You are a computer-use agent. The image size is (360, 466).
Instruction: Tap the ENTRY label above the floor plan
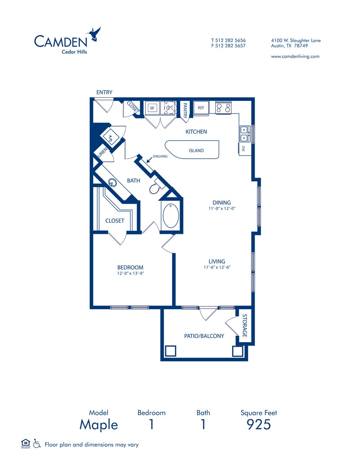104,92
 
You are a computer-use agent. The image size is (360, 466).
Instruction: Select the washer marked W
152,108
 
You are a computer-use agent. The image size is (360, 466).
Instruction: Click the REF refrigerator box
201,108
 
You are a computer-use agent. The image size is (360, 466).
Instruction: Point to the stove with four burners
223,108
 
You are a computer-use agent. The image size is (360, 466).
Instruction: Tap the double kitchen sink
245,134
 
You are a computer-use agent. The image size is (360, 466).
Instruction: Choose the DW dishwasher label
243,149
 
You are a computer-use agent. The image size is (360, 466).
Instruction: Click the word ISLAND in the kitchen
196,151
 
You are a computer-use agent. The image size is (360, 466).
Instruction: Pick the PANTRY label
185,110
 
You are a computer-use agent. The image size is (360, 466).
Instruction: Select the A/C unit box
110,137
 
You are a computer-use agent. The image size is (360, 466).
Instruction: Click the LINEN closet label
102,152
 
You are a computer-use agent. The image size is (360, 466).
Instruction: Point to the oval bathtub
171,216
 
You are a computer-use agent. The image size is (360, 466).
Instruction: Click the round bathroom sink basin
112,182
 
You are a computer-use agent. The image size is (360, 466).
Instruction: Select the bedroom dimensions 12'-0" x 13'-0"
130,274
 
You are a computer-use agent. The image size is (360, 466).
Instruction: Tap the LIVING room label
217,261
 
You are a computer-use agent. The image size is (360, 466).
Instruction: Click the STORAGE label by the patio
245,326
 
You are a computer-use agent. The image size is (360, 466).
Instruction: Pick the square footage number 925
259,425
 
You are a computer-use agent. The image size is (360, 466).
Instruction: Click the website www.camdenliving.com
295,56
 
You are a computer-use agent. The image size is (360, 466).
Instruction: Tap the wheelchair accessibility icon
37,443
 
